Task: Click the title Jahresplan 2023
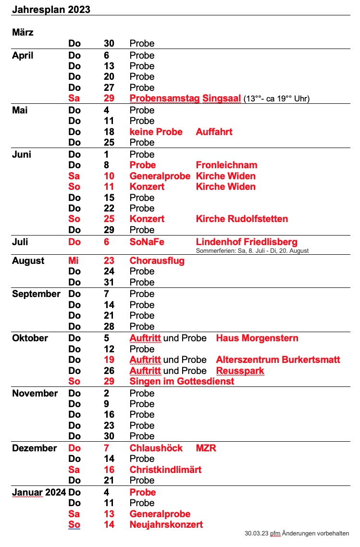(51, 9)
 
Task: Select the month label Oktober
(30, 338)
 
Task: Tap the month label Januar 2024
(38, 492)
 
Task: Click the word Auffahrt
(214, 131)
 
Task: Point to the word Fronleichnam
(226, 165)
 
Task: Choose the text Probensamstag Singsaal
(185, 99)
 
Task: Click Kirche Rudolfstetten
(242, 219)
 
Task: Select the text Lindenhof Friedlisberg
(247, 242)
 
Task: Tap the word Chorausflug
(157, 261)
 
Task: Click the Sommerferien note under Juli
(252, 251)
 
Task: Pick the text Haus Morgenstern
(257, 338)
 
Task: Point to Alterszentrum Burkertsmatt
(278, 360)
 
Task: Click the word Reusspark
(240, 371)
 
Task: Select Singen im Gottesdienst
(182, 381)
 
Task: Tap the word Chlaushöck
(156, 448)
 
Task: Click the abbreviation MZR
(206, 448)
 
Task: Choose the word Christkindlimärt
(165, 470)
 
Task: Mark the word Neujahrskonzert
(166, 524)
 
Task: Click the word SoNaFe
(147, 242)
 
